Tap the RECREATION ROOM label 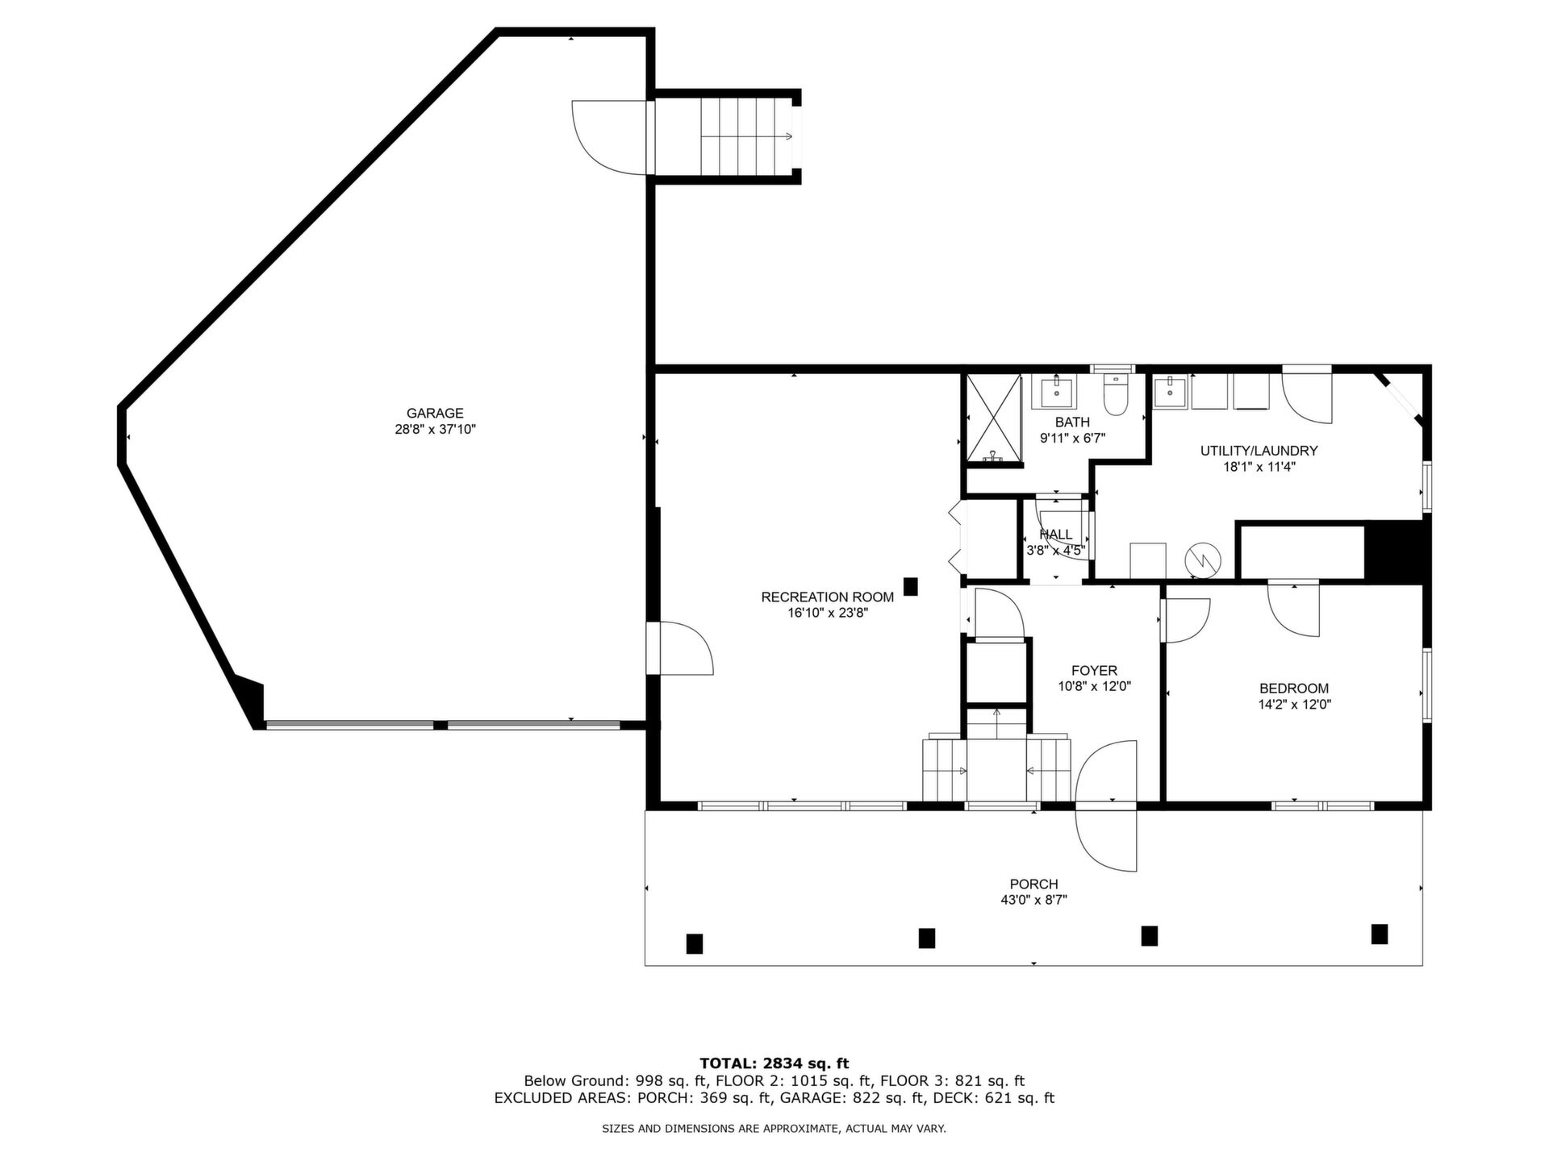[828, 597]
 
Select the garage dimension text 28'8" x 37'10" [435, 430]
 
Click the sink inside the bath [1056, 392]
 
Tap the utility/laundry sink [1170, 392]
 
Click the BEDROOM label [1294, 689]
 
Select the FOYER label [1095, 671]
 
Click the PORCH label [1033, 884]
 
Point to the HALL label [1056, 535]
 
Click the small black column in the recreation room [911, 586]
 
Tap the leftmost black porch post [694, 943]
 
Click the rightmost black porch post [1380, 934]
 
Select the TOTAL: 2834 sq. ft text [774, 1063]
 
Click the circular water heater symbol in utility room [1203, 560]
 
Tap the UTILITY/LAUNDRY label [1259, 451]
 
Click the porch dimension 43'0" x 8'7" [1033, 901]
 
